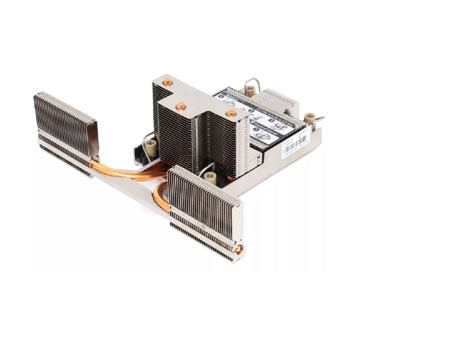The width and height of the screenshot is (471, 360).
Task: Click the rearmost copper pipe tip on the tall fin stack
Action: click(166, 83)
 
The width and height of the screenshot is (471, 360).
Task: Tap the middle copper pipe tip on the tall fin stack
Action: click(180, 106)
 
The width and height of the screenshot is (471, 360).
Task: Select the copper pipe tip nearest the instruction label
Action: click(231, 113)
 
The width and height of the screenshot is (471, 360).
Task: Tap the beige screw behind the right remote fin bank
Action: click(211, 178)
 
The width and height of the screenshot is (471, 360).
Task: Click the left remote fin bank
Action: click(65, 131)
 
